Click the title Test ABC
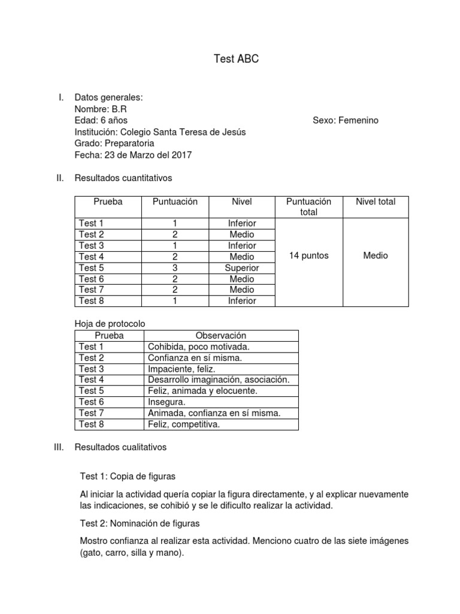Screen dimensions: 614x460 pos(237,59)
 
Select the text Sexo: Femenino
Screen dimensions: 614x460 pos(345,121)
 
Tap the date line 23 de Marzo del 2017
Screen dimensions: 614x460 pos(133,155)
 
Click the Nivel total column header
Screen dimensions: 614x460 pos(376,201)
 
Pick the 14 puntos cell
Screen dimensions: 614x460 pos(308,256)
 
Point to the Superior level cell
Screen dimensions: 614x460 pos(241,267)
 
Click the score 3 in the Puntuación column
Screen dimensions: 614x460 pos(174,267)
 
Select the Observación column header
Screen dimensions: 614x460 pos(221,336)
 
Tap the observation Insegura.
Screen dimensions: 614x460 pos(167,402)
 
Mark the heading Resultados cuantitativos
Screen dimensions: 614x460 pos(123,177)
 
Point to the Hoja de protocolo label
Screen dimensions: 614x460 pos(110,324)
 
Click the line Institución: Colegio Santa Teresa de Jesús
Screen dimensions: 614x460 pos(160,132)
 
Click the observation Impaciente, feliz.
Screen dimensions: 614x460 pos(181,369)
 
